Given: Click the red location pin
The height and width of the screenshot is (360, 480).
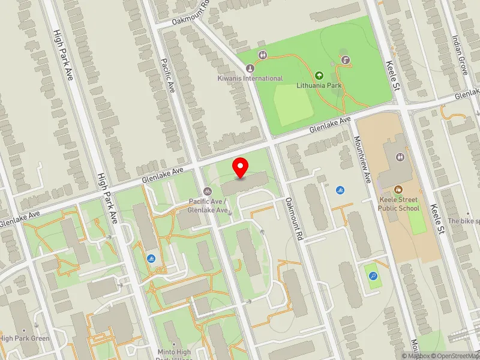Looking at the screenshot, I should [x=241, y=167].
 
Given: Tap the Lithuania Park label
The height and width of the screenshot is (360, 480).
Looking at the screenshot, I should [x=319, y=86].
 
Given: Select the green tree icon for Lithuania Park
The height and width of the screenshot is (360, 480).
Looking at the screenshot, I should [x=319, y=76].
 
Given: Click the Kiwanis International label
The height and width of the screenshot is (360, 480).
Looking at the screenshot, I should [x=250, y=79].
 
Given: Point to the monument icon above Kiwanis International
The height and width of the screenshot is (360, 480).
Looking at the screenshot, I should [x=249, y=68].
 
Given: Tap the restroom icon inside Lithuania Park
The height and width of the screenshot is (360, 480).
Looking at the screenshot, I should [x=263, y=56].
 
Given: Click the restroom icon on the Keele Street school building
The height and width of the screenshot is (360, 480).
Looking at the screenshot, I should [x=401, y=157].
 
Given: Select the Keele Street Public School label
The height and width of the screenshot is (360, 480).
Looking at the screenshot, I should [x=399, y=204].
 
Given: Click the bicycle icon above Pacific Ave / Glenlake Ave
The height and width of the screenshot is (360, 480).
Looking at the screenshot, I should [x=208, y=191].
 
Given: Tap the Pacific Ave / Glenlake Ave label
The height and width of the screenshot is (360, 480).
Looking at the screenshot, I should [x=209, y=206].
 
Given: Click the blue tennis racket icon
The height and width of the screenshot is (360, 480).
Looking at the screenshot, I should [x=374, y=277].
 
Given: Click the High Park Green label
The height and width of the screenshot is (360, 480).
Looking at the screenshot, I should [x=25, y=338].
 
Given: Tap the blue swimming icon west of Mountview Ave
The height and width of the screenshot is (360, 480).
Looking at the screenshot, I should [x=341, y=190].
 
